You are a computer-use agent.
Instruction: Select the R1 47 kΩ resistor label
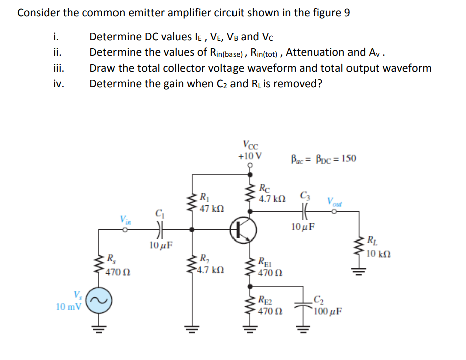coord(208,202)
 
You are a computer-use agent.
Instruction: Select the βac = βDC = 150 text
coord(323,159)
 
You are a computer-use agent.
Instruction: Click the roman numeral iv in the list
coord(58,84)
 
